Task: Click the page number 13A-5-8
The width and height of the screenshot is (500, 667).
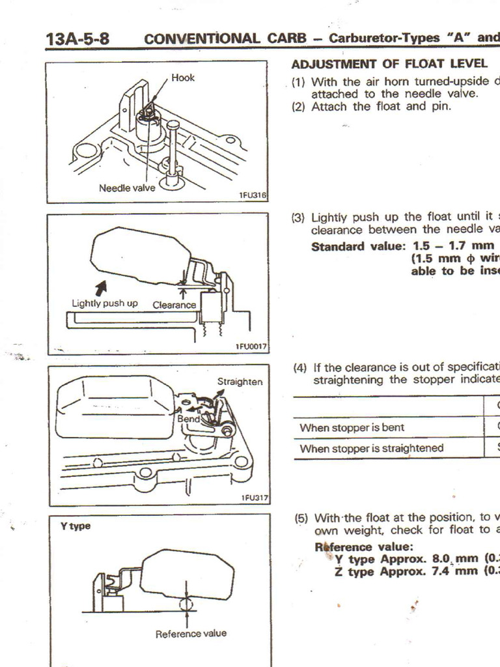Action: [x=77, y=38]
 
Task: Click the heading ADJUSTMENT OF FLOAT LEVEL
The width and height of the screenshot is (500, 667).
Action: [x=389, y=64]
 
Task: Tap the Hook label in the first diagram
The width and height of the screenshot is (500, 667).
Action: [x=183, y=78]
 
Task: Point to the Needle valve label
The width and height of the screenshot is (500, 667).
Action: [x=127, y=188]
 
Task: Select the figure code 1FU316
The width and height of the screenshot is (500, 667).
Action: [x=253, y=195]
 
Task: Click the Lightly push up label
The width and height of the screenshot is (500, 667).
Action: [x=104, y=303]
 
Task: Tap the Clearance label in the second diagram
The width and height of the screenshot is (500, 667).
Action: [x=174, y=305]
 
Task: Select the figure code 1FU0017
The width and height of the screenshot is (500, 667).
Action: [x=251, y=347]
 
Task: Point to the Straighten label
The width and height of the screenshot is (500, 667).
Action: [x=240, y=382]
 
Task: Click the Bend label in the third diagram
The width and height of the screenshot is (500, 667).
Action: [x=188, y=419]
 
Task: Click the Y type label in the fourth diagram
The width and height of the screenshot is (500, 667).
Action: [x=76, y=526]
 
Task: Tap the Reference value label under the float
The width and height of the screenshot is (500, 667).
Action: [x=191, y=633]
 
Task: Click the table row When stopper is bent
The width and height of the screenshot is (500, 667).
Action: [x=352, y=428]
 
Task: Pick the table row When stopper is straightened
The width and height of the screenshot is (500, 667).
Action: [x=371, y=448]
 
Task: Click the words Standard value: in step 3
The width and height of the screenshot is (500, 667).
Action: [x=359, y=247]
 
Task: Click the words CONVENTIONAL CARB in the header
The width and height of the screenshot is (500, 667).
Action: [x=225, y=38]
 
